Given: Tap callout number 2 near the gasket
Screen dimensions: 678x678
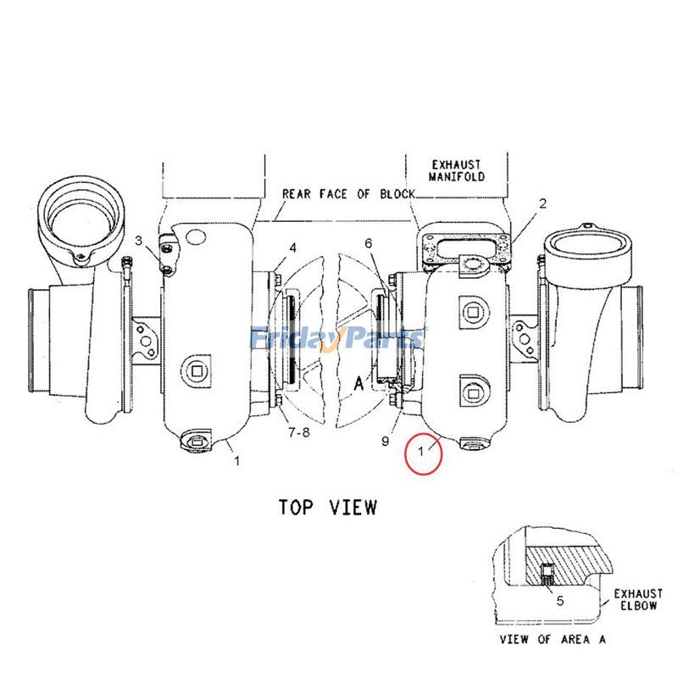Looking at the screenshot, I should coord(542,203).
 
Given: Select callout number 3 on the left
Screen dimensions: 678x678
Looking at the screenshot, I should coord(139,242).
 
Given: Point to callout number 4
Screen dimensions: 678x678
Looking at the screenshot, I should coord(292,248).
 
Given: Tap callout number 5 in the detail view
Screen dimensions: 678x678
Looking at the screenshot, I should coord(560,601).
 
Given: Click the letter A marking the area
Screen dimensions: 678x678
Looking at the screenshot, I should coord(358,383).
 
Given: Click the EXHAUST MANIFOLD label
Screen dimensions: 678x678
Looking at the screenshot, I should coord(457,170).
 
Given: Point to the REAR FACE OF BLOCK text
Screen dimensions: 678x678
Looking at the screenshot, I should coord(348,193).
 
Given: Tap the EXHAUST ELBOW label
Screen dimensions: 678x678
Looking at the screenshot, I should coord(637,600).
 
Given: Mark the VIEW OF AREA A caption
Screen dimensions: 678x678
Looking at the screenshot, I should coord(553,639).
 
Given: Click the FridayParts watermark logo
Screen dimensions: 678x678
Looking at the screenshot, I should coord(337,339).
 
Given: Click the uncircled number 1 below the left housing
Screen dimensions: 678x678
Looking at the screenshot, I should coord(237,461).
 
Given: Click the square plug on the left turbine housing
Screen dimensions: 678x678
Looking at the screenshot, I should coord(197,370).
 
